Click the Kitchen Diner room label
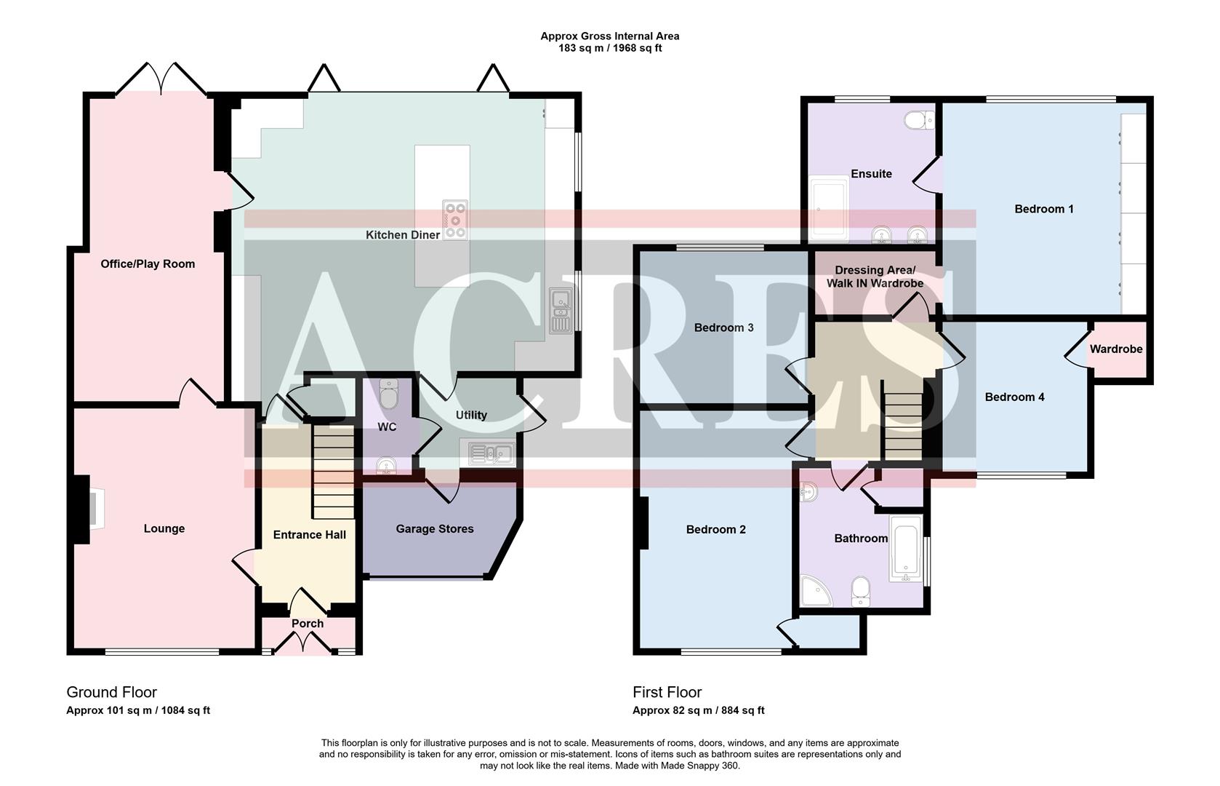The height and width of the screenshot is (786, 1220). (x=402, y=235)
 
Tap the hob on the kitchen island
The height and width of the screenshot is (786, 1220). (x=455, y=219)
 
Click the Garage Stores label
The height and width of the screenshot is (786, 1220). (x=434, y=529)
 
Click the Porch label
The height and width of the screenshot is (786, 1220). (x=308, y=624)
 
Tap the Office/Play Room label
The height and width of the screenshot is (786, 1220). (x=148, y=264)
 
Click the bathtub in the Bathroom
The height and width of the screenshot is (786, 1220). (x=905, y=548)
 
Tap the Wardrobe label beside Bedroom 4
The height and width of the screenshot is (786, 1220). (x=1115, y=349)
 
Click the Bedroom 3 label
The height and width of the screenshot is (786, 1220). (x=723, y=327)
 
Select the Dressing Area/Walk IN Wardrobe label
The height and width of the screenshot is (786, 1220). (x=875, y=277)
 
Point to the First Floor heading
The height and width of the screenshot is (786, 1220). (x=667, y=692)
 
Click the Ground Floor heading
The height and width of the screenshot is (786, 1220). (x=111, y=692)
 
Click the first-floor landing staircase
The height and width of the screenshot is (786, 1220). (x=902, y=422)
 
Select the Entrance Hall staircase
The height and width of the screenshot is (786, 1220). (x=334, y=472)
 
